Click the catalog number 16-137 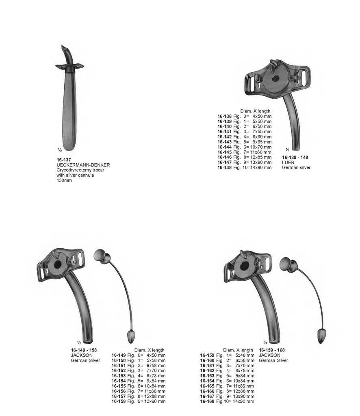(64, 160)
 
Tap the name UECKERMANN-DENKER (83, 165)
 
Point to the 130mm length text (64, 180)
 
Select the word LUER (288, 162)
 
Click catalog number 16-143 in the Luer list (224, 142)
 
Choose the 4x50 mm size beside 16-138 (262, 116)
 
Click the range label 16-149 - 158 (84, 350)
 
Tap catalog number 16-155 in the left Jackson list (119, 386)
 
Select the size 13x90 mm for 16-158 (155, 401)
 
